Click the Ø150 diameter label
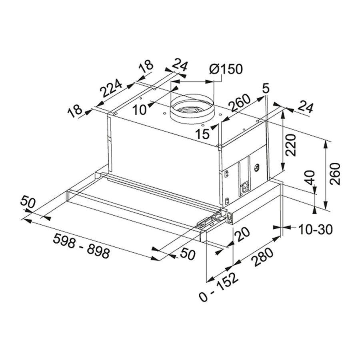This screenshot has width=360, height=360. [x=226, y=69]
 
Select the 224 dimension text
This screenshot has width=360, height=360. [x=111, y=89]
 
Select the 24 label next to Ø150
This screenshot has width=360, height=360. [x=180, y=65]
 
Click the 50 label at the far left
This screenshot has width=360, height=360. [x=28, y=202]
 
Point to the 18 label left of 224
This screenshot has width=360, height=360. [x=75, y=111]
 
